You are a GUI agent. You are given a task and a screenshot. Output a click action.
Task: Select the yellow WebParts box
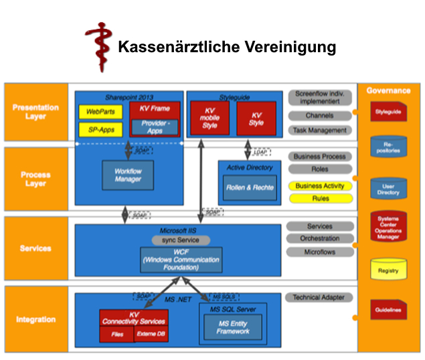(x=100, y=111)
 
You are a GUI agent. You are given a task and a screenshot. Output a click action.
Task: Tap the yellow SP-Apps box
(x=100, y=128)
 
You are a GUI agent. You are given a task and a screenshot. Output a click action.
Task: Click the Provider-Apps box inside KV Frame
(x=155, y=127)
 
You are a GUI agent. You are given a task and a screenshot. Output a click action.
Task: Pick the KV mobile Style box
(x=209, y=118)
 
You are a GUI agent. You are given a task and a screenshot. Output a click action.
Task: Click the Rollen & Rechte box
(x=249, y=188)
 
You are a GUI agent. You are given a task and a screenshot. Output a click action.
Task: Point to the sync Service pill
(x=176, y=240)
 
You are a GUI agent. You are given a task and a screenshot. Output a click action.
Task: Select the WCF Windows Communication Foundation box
(x=181, y=259)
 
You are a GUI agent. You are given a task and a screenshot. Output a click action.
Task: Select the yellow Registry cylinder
(x=388, y=270)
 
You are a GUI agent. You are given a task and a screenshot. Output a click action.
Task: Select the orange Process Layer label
(x=35, y=179)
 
